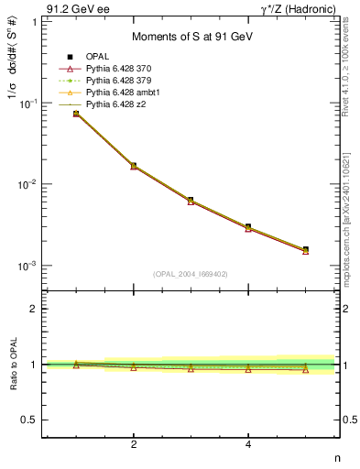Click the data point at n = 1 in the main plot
tap(76, 114)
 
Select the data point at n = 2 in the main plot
tap(134, 166)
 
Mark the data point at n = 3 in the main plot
tap(191, 200)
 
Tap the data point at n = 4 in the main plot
tap(248, 226)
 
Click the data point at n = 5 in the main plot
tap(305, 249)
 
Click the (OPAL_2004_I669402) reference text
tap(191, 274)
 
